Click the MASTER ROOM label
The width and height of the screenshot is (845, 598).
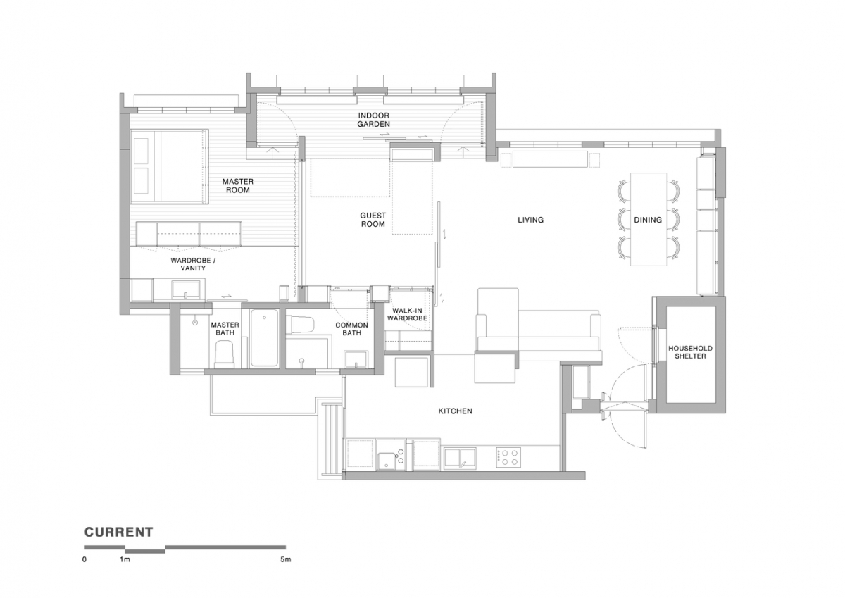pyautogui.click(x=238, y=186)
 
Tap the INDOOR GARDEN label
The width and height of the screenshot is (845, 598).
pyautogui.click(x=373, y=120)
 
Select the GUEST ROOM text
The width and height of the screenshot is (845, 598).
pyautogui.click(x=373, y=220)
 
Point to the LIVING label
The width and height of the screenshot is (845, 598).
pyautogui.click(x=530, y=220)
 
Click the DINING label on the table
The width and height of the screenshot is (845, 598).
pyautogui.click(x=648, y=220)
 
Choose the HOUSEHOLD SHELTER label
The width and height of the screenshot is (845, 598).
pyautogui.click(x=690, y=352)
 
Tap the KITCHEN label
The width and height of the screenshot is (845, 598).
pyautogui.click(x=455, y=411)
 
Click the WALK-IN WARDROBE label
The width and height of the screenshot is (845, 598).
pyautogui.click(x=407, y=314)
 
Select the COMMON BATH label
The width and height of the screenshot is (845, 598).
pyautogui.click(x=351, y=329)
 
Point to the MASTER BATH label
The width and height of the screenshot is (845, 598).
pyautogui.click(x=225, y=329)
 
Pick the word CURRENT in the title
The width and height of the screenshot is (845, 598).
pyautogui.click(x=118, y=532)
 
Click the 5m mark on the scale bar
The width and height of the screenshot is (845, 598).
pyautogui.click(x=285, y=560)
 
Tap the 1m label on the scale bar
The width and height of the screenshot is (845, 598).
pyautogui.click(x=125, y=560)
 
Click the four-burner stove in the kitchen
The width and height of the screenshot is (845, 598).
pyautogui.click(x=508, y=457)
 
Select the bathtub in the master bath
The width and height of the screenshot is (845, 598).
pyautogui.click(x=264, y=338)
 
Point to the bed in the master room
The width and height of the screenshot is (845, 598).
pyautogui.click(x=169, y=166)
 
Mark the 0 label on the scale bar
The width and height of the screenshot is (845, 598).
pyautogui.click(x=84, y=560)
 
